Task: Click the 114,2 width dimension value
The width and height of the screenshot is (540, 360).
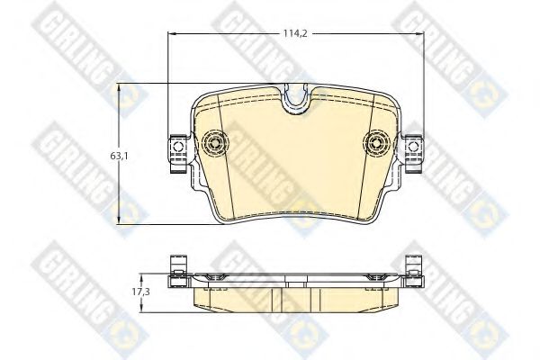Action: pyautogui.click(x=285, y=35)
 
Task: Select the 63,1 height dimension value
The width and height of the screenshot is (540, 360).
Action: pyautogui.click(x=118, y=155)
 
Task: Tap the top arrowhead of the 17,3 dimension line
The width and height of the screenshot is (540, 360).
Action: pyautogui.click(x=142, y=276)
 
